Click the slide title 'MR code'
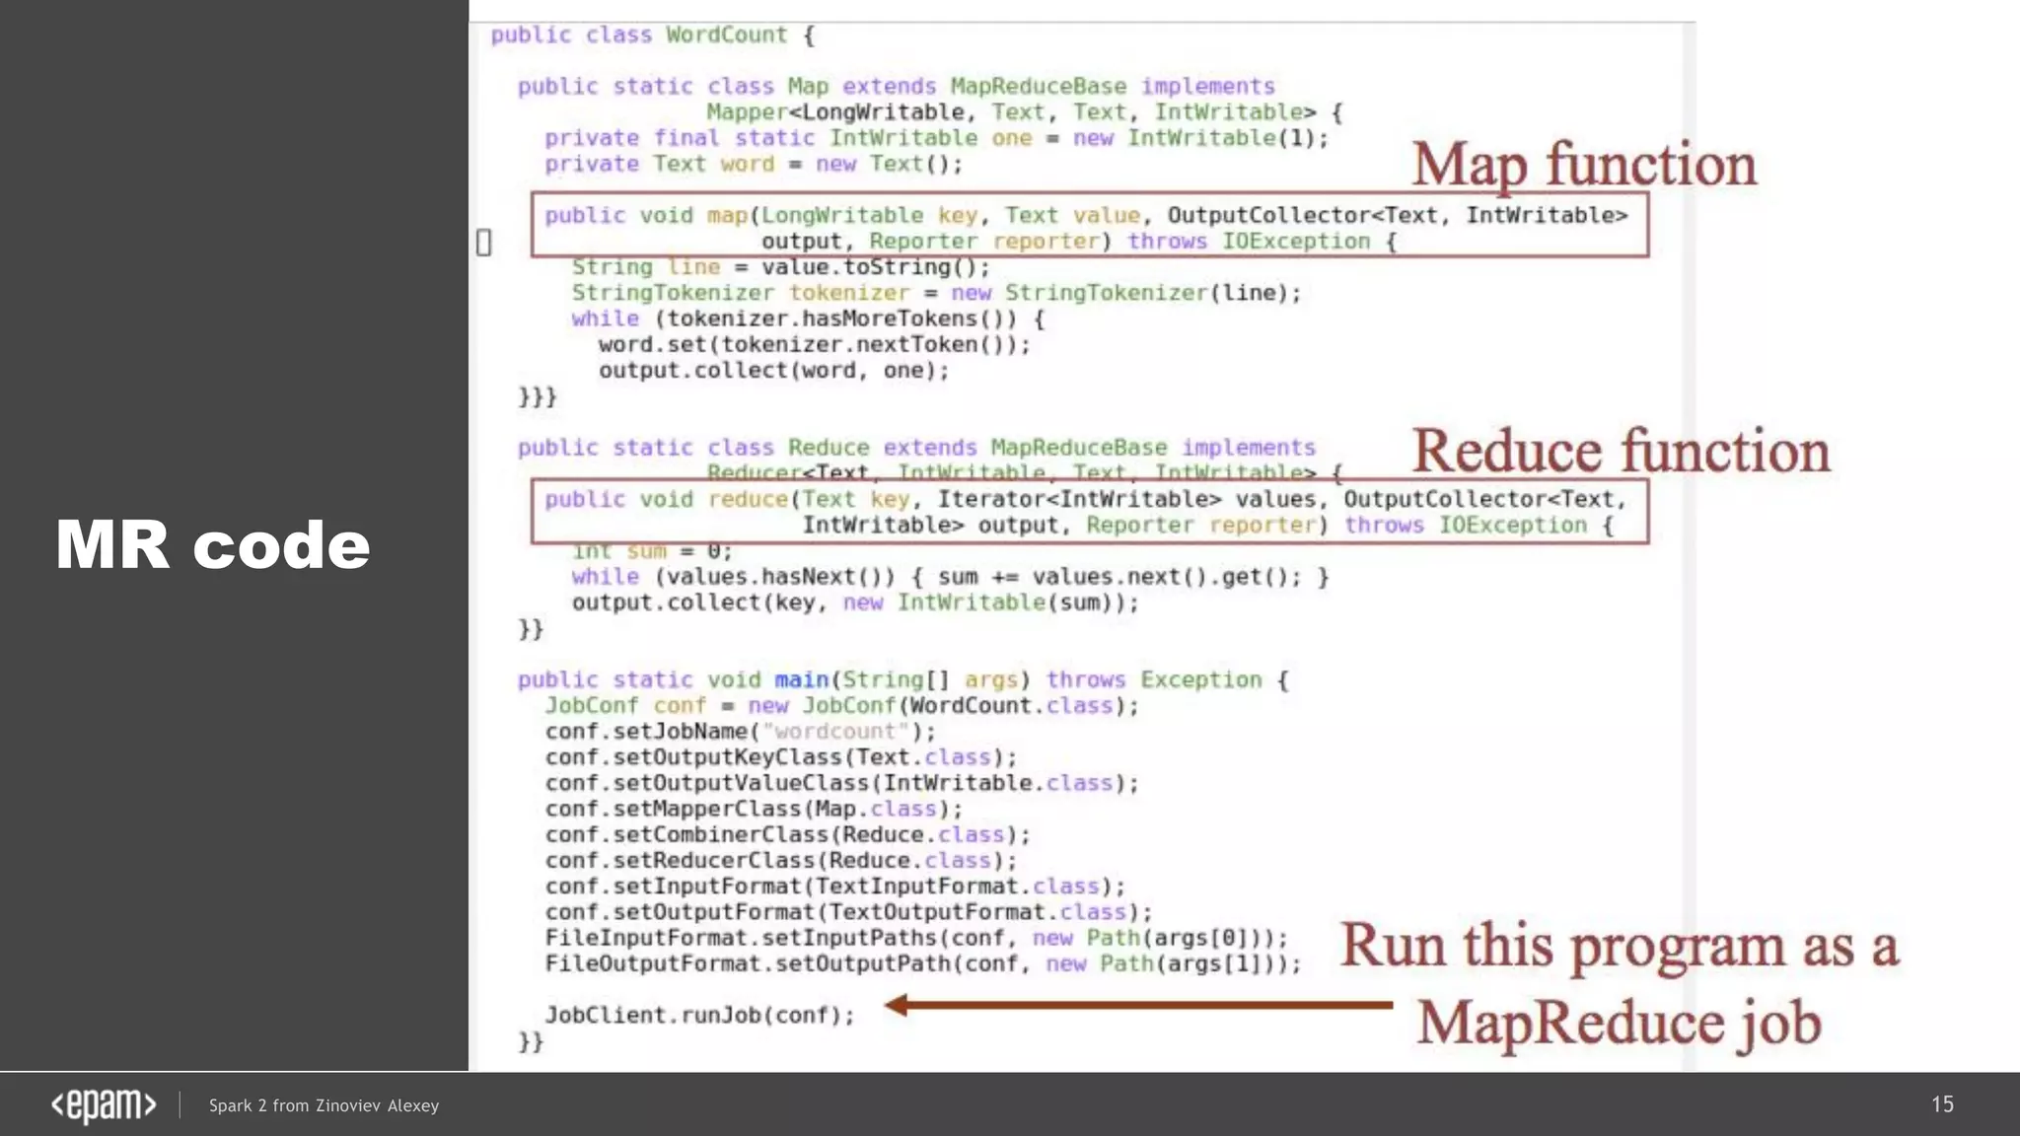(x=212, y=544)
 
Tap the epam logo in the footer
(x=104, y=1105)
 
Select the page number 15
(x=1942, y=1104)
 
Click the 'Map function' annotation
(x=1583, y=165)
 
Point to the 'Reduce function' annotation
(x=1621, y=452)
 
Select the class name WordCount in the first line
(x=726, y=35)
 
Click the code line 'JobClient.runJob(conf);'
(x=699, y=1015)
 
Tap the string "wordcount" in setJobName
(x=835, y=732)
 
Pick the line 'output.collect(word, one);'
(x=772, y=371)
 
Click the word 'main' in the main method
(x=801, y=679)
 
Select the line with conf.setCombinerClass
(x=786, y=835)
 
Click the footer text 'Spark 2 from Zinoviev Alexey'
(x=324, y=1105)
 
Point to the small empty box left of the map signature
(x=483, y=243)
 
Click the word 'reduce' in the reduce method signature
(x=749, y=500)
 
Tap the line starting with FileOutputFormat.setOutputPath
(x=922, y=963)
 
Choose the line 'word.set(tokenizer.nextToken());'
(x=813, y=345)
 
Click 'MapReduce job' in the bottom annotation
(x=1619, y=1023)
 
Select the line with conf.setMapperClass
(x=753, y=810)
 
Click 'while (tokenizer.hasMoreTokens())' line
(x=806, y=319)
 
